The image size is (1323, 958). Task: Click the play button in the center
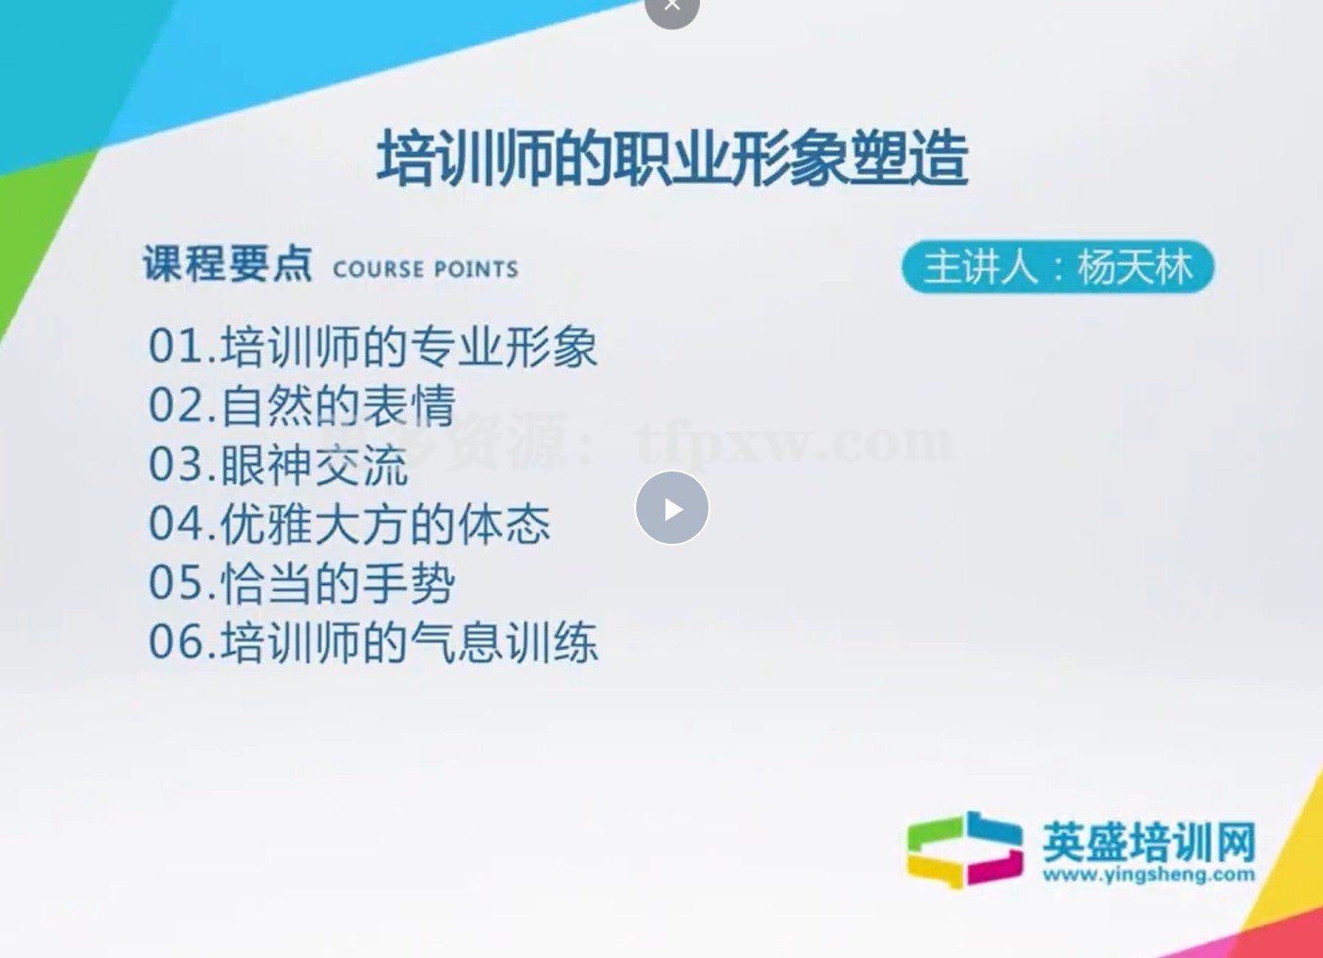click(x=672, y=508)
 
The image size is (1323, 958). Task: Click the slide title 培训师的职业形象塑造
click(x=672, y=159)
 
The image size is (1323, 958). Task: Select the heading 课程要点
click(x=227, y=264)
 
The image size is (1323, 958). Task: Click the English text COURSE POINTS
click(x=426, y=270)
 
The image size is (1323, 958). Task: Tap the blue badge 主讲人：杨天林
click(x=1058, y=268)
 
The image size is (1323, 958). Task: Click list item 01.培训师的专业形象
click(x=372, y=347)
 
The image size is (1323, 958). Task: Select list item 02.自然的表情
click(x=302, y=406)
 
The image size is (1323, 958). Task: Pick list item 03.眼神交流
click(x=278, y=465)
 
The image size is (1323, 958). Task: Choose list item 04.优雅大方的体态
click(x=350, y=524)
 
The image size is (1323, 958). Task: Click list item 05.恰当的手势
click(x=302, y=583)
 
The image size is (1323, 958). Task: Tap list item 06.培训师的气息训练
click(x=372, y=642)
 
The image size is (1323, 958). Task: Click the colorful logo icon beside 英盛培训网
click(x=965, y=849)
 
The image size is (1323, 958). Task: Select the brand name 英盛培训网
click(x=1148, y=841)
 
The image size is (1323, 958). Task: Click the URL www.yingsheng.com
click(x=1148, y=874)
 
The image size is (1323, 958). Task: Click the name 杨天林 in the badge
click(x=1135, y=268)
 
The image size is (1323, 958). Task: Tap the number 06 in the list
click(x=176, y=642)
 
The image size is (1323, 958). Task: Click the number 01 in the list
click(x=176, y=347)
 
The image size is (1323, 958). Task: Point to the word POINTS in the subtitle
click(x=475, y=270)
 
